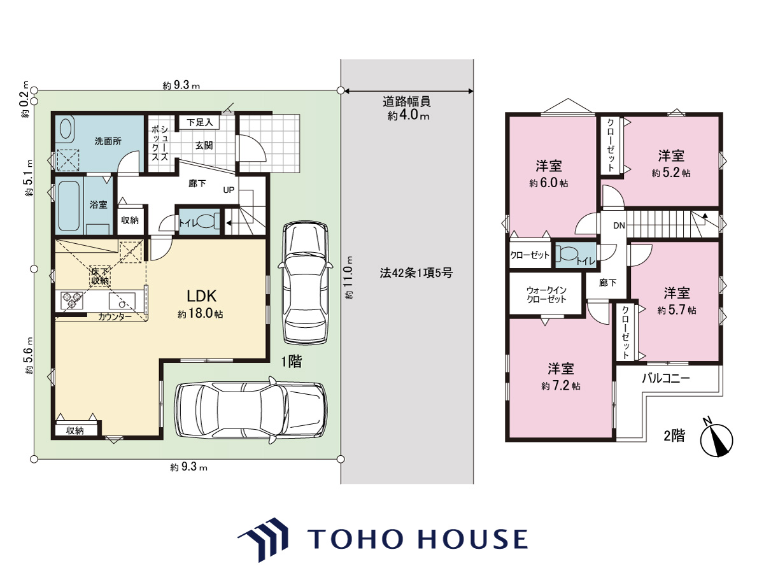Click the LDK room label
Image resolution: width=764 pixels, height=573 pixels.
202,296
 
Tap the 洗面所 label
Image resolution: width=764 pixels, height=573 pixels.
108,141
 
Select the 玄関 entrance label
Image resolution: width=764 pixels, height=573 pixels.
204,145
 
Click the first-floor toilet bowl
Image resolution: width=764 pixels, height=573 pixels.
206,221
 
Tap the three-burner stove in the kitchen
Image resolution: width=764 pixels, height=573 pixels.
72,301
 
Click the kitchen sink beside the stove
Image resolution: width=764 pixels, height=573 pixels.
122,301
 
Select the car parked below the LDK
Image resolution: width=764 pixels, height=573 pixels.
251,409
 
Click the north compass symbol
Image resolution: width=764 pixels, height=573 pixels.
716,440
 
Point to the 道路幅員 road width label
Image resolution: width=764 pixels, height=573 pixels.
407,101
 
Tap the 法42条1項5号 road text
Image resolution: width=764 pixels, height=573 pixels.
416,273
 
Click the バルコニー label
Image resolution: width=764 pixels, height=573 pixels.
665,378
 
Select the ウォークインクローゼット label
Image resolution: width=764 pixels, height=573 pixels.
546,294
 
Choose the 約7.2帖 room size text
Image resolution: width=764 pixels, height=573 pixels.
560,385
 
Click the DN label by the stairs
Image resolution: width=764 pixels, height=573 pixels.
619,226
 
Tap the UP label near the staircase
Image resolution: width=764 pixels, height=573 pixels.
229,190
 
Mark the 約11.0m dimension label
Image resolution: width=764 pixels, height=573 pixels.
350,278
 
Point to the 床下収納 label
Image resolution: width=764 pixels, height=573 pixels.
100,276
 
